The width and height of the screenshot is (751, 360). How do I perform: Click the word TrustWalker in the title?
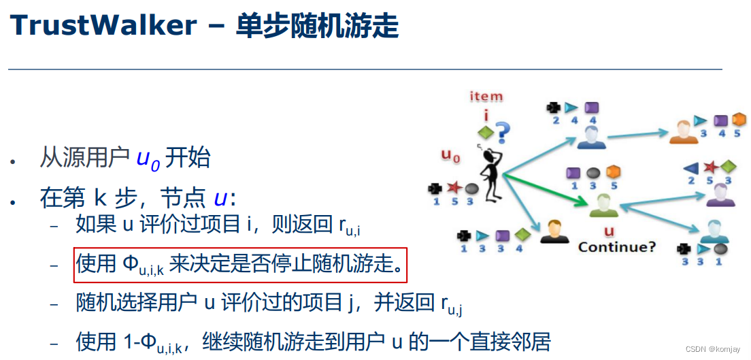102,26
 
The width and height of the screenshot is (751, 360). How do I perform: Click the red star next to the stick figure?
452,188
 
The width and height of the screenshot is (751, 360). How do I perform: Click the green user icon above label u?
603,205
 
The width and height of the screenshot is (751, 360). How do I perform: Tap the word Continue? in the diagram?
617,246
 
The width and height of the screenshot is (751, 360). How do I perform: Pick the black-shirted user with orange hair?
555,232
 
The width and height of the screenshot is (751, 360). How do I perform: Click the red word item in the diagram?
486,97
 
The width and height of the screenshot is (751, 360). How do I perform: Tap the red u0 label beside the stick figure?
451,157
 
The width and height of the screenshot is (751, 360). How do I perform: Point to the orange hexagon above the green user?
613,172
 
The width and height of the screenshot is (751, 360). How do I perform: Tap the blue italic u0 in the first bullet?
148,159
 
